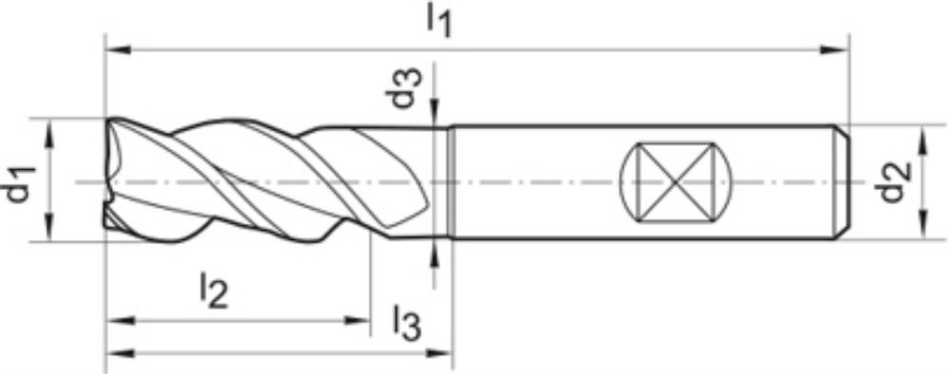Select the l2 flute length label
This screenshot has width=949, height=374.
pyautogui.click(x=214, y=290)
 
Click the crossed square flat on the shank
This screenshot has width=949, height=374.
pyautogui.click(x=676, y=182)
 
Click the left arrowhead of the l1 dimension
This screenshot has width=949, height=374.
pyautogui.click(x=119, y=49)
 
